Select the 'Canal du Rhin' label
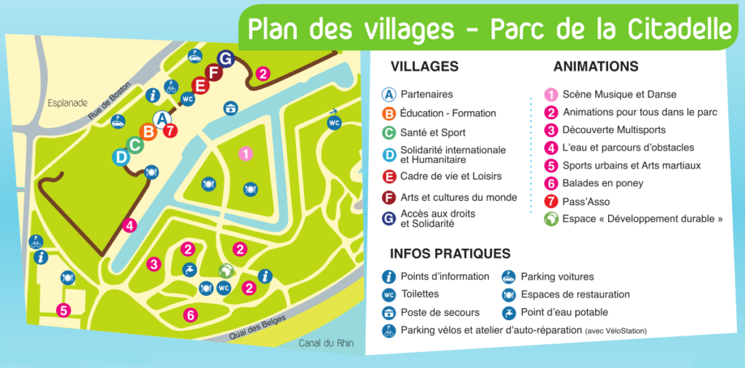[x=326, y=343]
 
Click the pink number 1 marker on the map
[x=246, y=153]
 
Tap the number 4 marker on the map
[x=130, y=225]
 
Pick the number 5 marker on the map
[x=64, y=310]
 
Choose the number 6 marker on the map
[x=190, y=315]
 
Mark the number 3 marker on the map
[x=154, y=264]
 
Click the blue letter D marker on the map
[x=121, y=156]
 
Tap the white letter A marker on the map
[x=163, y=118]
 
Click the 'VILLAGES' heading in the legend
[x=424, y=67]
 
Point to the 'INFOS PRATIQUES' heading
[x=450, y=254]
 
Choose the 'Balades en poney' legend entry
[x=603, y=183]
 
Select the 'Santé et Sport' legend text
[x=433, y=132]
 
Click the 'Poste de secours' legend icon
[x=389, y=313]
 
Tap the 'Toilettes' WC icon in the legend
[x=389, y=295]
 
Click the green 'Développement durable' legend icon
[x=551, y=219]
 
